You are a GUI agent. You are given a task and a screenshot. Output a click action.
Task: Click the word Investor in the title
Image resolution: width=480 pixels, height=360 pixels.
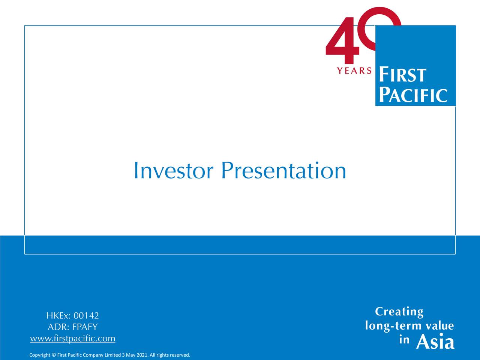coord(173,171)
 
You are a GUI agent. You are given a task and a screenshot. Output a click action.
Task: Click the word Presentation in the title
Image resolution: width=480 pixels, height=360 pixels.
coord(283,171)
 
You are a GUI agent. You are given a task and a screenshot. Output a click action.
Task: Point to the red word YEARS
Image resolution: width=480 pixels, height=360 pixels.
coord(354,70)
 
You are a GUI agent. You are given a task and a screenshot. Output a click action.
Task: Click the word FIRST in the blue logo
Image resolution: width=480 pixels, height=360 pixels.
coord(402,75)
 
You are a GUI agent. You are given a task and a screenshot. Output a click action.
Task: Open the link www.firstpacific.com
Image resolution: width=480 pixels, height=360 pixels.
coord(73,339)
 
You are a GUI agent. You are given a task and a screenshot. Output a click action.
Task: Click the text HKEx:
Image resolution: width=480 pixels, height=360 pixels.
coord(58,315)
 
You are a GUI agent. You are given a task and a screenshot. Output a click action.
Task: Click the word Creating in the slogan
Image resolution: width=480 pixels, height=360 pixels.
coord(399,312)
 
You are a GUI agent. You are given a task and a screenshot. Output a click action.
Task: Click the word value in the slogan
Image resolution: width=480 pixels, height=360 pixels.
coord(439,325)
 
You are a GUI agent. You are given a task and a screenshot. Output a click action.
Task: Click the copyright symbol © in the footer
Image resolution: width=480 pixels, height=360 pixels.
coord(54,355)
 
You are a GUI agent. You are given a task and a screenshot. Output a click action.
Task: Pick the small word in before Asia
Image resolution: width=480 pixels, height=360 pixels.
coord(404,340)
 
